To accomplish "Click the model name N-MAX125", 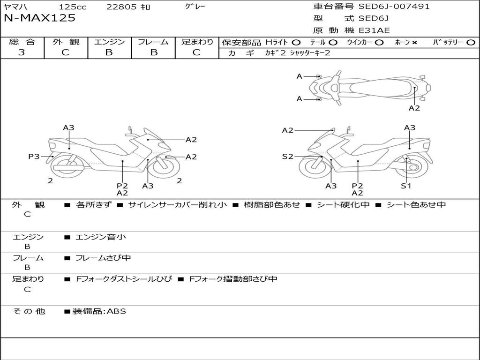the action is tap(39, 18).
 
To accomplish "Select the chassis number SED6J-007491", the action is tap(394, 7).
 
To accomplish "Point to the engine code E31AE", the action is tap(374, 30).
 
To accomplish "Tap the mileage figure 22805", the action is tap(121, 7).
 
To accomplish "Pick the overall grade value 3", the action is tap(22, 52).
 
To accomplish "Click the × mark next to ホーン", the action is tap(414, 42).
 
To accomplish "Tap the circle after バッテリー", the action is tap(471, 42).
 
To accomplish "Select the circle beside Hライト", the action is tap(296, 42).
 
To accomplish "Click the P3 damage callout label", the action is tap(34, 157).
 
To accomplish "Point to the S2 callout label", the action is tap(287, 157).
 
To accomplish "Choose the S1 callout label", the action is tap(406, 186).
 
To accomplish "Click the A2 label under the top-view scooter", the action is tap(414, 108).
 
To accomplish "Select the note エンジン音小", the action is tap(100, 237).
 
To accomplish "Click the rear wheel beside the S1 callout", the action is tap(415, 166).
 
